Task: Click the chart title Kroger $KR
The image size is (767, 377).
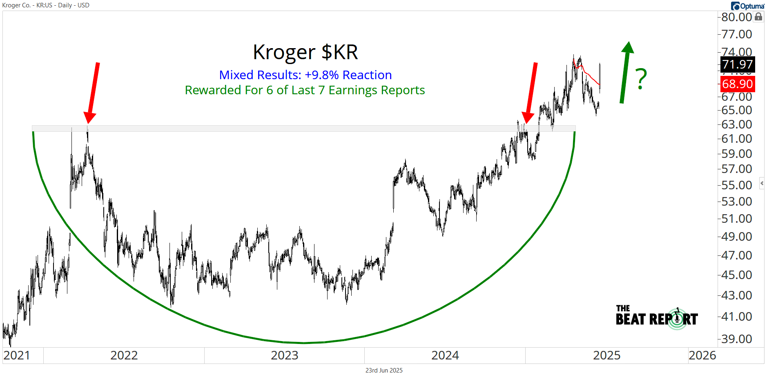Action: tap(305, 52)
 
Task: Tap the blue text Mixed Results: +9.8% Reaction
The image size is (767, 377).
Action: tap(305, 75)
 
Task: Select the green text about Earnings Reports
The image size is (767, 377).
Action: tap(305, 90)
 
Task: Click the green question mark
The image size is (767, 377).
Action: tap(641, 79)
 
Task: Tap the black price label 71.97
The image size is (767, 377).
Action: tap(737, 64)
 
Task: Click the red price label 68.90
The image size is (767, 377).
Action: tap(737, 84)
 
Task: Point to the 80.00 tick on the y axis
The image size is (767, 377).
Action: tap(736, 17)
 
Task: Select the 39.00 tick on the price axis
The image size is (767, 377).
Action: tap(736, 339)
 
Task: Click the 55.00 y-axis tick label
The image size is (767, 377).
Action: tap(736, 185)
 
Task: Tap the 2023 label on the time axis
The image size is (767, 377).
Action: tap(284, 355)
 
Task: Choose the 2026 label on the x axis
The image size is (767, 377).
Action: tap(702, 355)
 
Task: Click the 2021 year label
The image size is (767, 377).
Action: tap(16, 355)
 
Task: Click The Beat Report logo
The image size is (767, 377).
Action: tap(657, 317)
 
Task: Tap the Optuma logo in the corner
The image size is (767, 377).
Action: tap(747, 6)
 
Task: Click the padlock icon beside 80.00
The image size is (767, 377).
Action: tap(758, 17)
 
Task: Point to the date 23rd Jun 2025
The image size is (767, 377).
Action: tap(384, 370)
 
